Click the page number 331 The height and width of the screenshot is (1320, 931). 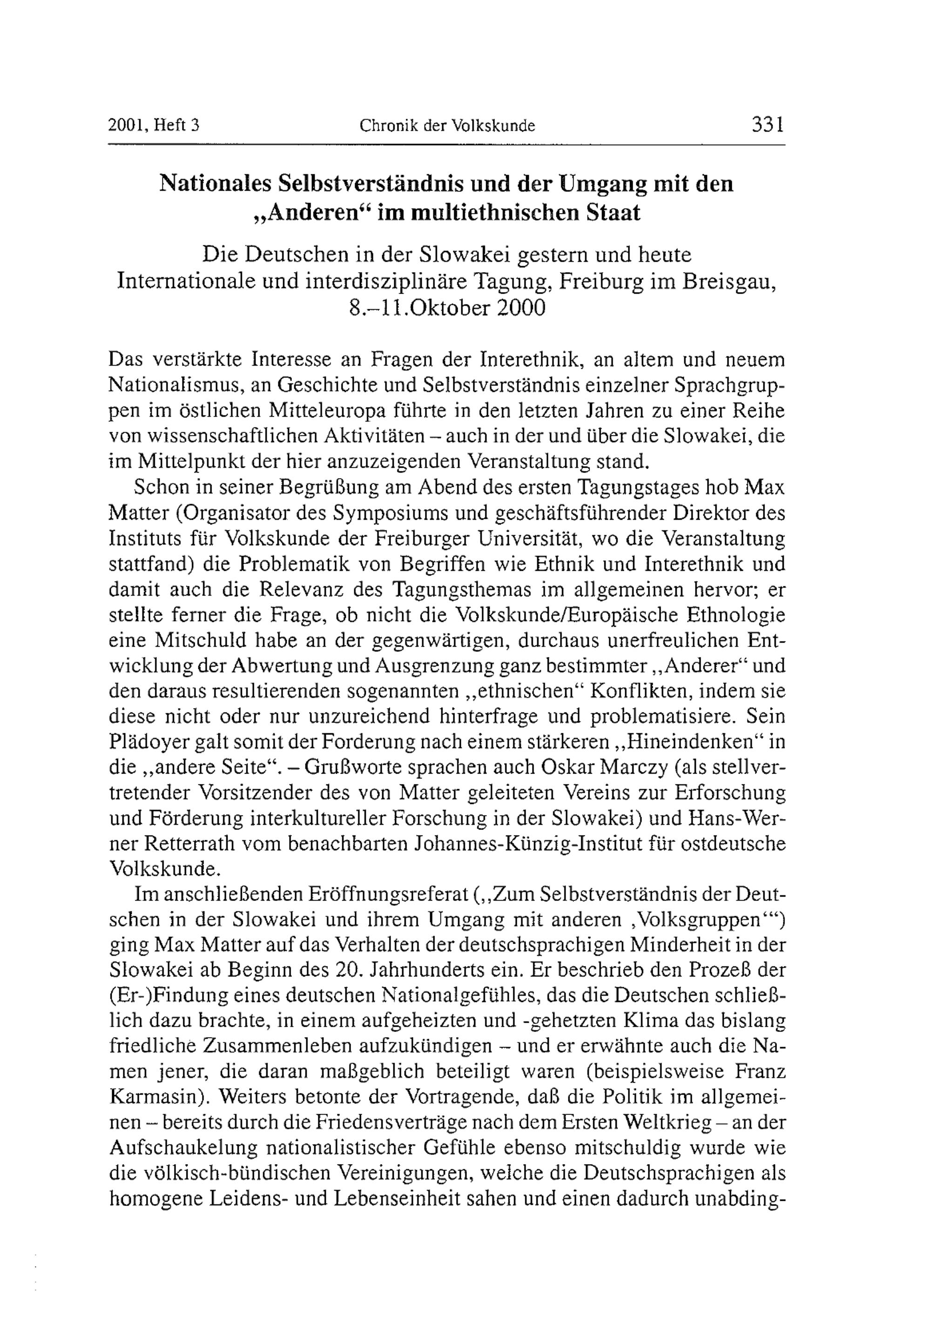click(768, 125)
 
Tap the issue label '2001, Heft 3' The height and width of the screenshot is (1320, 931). click(154, 125)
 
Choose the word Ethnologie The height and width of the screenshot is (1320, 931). click(735, 615)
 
